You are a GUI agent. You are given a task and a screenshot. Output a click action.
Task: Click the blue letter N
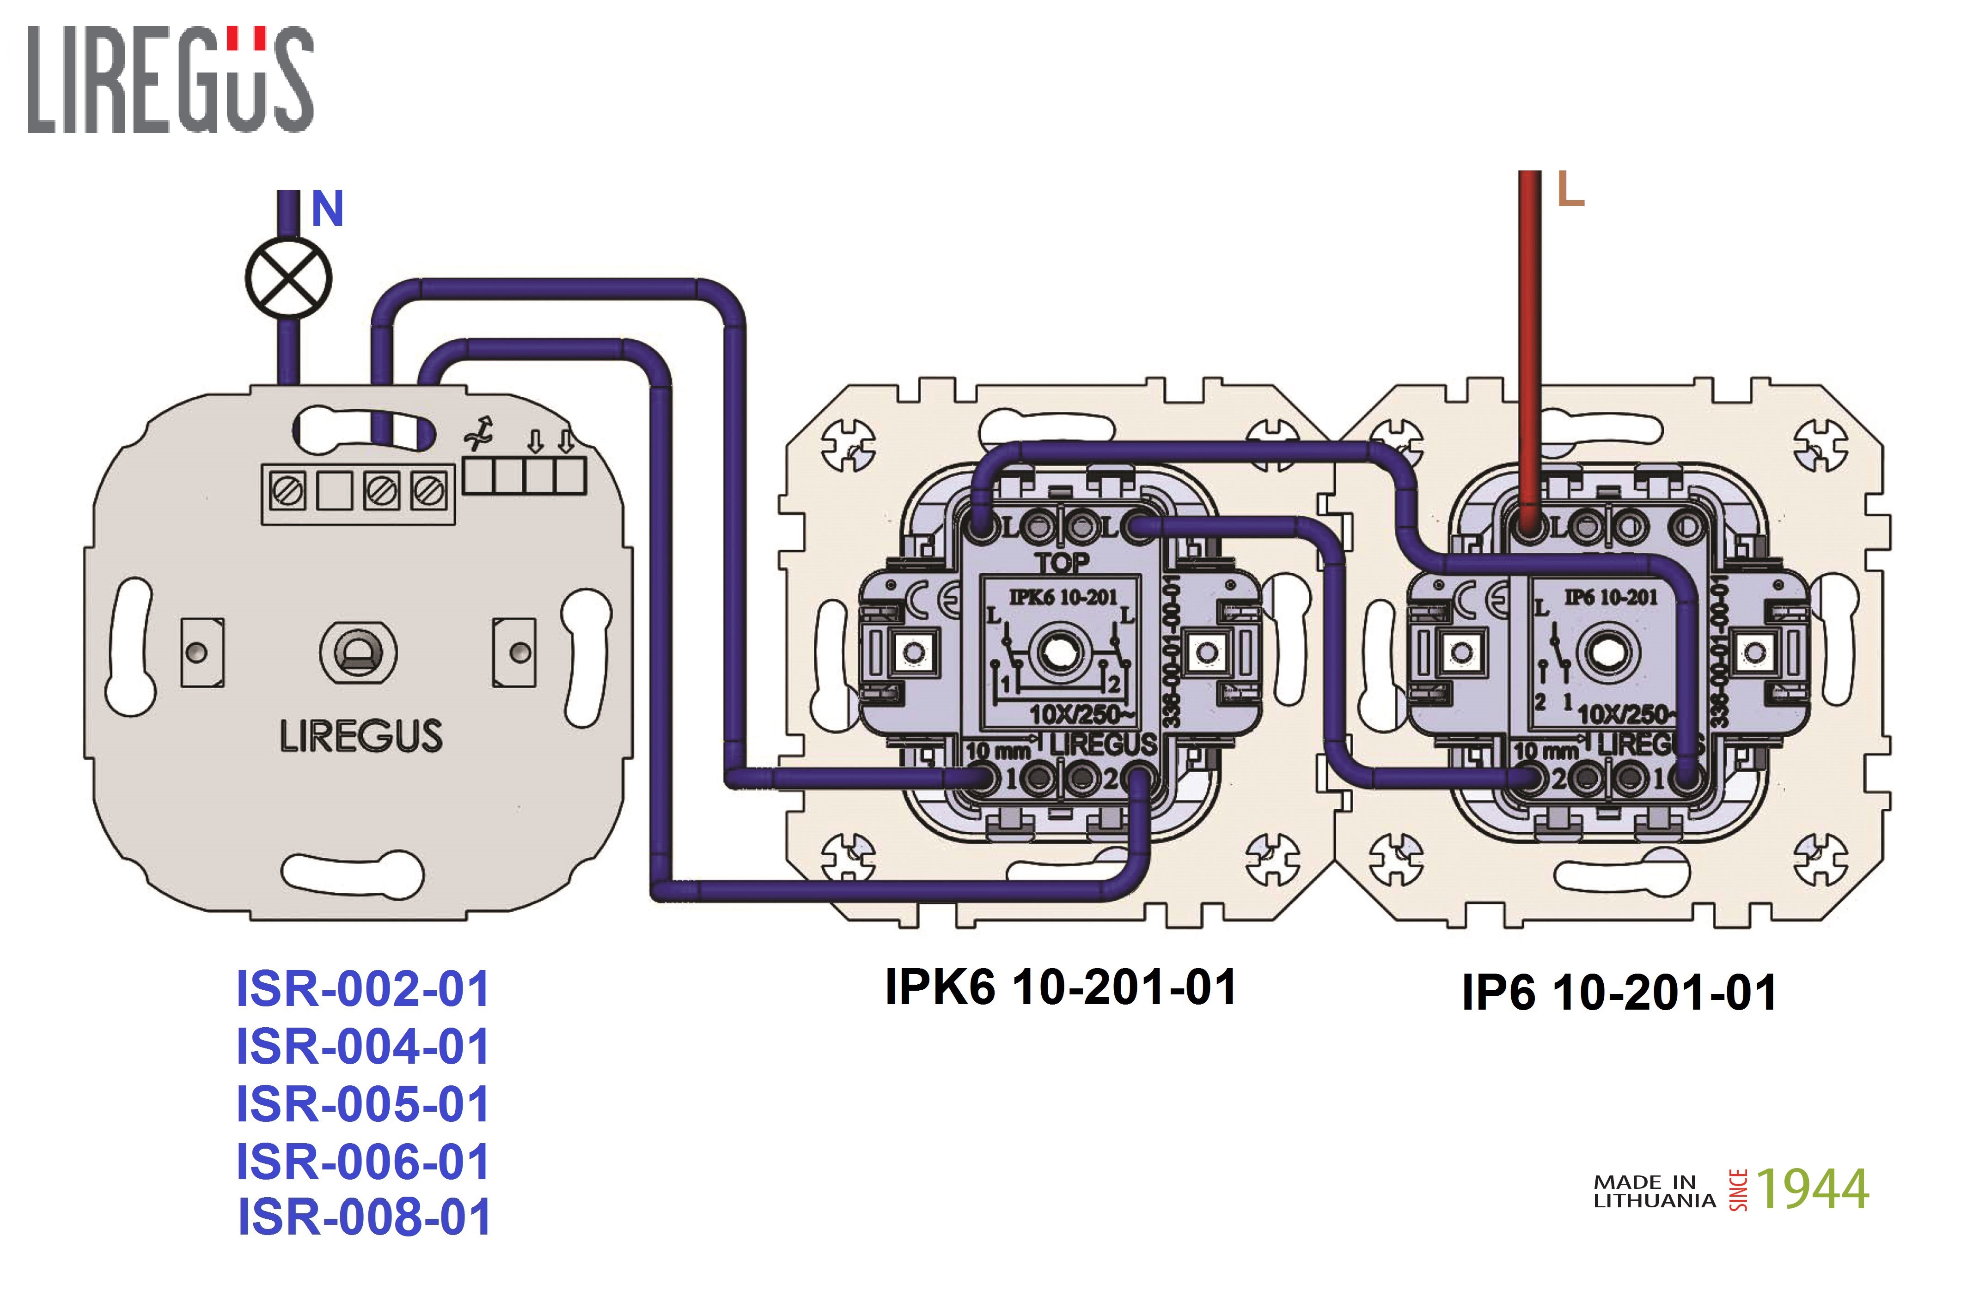pyautogui.click(x=327, y=209)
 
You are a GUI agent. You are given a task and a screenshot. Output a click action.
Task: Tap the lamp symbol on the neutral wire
pyautogui.click(x=288, y=278)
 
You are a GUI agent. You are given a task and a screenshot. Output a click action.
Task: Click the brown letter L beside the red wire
pyautogui.click(x=1570, y=190)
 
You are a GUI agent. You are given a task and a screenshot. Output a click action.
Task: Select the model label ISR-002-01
pyautogui.click(x=363, y=989)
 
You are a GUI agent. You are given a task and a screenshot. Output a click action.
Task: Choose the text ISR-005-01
pyautogui.click(x=363, y=1104)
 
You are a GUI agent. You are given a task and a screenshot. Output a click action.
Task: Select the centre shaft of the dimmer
pyautogui.click(x=359, y=652)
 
